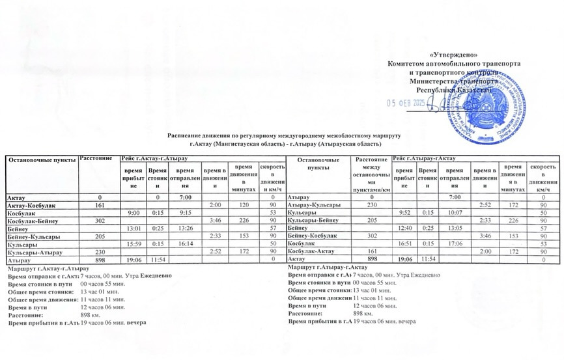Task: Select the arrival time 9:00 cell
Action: [x=134, y=213]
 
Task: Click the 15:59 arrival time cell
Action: [x=134, y=243]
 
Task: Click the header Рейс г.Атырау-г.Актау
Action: [x=424, y=158]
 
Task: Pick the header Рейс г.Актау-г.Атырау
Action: [x=150, y=158]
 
